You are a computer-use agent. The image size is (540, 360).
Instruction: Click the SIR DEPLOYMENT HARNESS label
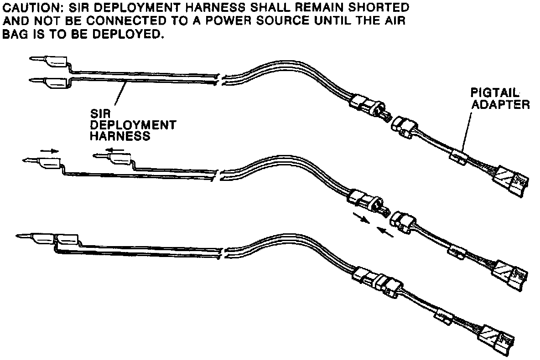pos(132,124)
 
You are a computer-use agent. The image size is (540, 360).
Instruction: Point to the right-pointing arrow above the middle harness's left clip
pos(49,150)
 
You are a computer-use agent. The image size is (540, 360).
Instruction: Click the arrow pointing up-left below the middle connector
pos(385,233)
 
